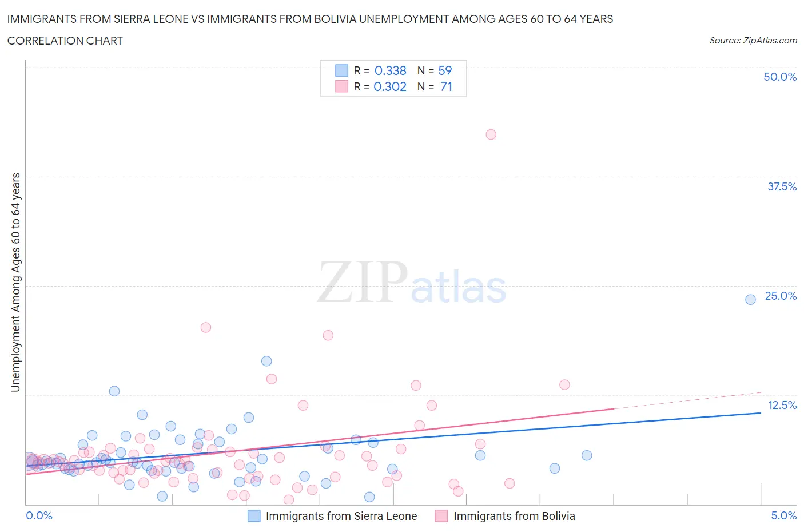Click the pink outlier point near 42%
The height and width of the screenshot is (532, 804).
tap(491, 134)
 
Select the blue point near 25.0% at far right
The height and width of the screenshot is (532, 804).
tap(750, 299)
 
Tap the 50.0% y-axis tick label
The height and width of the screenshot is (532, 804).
tap(780, 77)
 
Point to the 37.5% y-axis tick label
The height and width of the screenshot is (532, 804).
tap(782, 186)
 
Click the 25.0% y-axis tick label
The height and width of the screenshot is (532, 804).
tap(781, 296)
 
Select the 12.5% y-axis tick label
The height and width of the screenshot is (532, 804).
tap(782, 405)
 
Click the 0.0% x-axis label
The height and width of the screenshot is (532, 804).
tap(39, 515)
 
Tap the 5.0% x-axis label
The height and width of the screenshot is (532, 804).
tap(783, 515)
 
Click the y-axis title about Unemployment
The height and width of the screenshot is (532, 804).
tap(15, 282)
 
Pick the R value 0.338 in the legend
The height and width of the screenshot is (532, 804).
tap(390, 70)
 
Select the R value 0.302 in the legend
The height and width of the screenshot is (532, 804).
tap(390, 86)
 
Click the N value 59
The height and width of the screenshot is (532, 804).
tap(445, 70)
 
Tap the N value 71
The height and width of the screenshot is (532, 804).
tap(446, 86)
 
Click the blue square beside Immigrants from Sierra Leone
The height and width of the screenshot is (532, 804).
tap(254, 516)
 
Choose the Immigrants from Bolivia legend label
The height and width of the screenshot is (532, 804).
tap(514, 516)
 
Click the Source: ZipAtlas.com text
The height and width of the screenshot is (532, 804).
tap(753, 40)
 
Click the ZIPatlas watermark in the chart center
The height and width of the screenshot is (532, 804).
tap(412, 282)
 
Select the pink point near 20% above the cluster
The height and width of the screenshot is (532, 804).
tap(206, 327)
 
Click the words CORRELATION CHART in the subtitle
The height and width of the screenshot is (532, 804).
tap(65, 41)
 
